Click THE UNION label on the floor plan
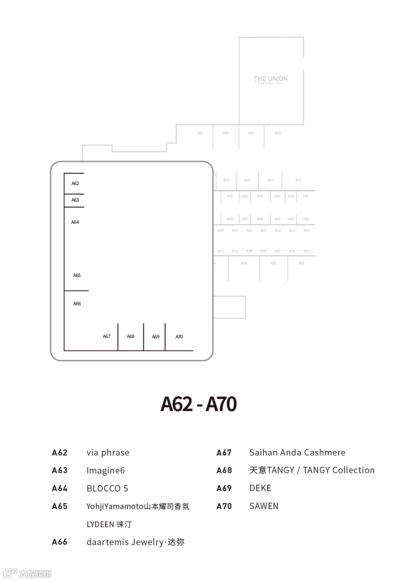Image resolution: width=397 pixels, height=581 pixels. point(271,79)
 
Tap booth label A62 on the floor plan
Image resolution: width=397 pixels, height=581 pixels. point(75,183)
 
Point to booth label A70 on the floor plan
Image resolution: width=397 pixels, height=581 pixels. point(179,337)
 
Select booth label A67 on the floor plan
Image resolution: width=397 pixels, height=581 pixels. point(107,336)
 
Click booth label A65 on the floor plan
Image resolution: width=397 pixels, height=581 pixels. point(77,275)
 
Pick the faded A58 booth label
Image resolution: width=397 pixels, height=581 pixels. point(278,133)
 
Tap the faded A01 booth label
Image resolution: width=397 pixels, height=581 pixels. point(301,263)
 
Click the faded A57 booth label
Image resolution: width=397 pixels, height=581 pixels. point(298,180)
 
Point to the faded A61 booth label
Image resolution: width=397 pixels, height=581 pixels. point(200,133)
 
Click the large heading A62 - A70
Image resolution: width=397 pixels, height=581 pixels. point(198,404)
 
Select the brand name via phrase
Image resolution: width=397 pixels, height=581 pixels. point(108,452)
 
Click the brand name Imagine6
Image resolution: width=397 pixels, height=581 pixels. point(106,470)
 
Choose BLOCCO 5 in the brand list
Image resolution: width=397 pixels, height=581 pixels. point(107,488)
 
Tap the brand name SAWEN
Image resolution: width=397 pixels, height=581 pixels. point(264,506)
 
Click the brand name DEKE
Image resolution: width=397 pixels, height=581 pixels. point(260,488)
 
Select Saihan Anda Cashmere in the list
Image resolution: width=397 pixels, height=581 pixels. point(297,452)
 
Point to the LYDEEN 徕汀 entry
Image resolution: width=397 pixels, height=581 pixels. point(109,524)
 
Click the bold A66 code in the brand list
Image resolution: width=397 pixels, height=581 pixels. point(60,542)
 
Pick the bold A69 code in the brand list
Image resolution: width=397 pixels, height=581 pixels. point(224,488)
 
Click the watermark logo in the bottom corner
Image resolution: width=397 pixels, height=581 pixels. point(28,573)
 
